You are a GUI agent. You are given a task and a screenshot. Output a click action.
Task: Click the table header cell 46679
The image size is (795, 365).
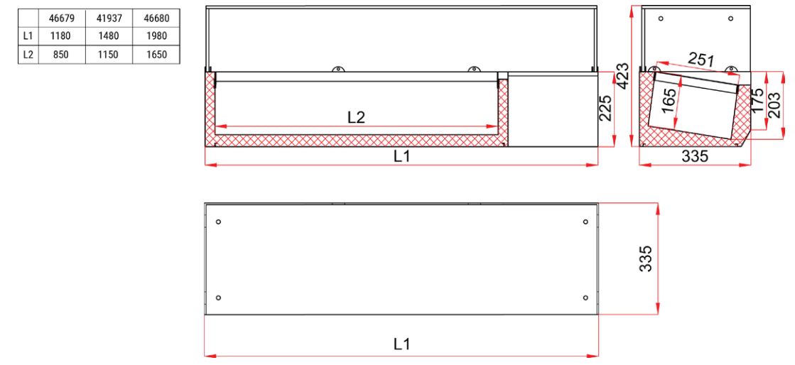[60, 16]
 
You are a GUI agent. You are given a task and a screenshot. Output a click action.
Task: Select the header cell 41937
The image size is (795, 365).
[108, 16]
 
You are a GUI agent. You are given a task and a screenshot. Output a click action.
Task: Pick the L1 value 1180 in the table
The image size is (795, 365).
[60, 35]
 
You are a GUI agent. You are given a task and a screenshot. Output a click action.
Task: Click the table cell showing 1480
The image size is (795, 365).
[108, 35]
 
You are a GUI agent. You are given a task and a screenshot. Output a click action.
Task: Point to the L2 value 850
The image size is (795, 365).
[60, 53]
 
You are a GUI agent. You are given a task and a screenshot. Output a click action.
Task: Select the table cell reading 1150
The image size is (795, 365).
[108, 53]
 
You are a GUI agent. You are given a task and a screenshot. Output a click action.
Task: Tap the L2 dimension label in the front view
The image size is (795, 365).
[356, 119]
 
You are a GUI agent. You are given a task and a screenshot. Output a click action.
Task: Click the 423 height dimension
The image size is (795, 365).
[622, 74]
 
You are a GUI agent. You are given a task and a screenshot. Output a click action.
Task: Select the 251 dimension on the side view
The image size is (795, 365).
[701, 60]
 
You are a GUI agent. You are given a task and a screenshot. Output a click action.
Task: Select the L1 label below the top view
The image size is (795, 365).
[401, 344]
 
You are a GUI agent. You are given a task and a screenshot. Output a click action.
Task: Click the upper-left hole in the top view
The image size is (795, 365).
[219, 222]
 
